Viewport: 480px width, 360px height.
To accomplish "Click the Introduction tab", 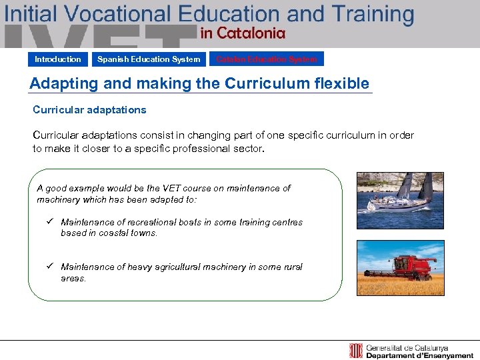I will pos(58,59).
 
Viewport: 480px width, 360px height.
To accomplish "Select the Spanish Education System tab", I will pos(149,59).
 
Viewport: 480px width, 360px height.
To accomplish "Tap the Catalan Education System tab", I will pos(267,59).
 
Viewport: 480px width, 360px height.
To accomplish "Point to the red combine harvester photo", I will pos(400,268).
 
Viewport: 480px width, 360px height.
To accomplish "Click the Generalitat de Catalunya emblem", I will pos(356,351).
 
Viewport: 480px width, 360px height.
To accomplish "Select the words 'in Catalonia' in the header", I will pos(243,33).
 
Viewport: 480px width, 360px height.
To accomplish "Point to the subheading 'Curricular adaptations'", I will pos(89,109).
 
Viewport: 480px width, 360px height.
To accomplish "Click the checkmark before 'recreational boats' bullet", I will pos(50,222).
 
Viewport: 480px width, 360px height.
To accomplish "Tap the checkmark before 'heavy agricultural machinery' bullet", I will pos(50,267).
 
